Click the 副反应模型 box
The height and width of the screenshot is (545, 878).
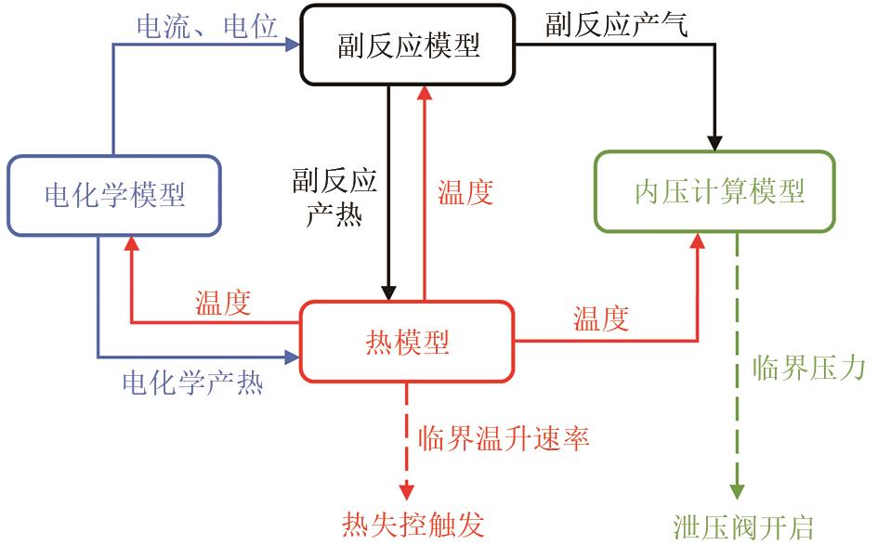pos(408,44)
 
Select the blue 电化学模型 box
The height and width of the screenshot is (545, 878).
pos(115,195)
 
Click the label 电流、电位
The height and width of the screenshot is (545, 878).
pos(206,27)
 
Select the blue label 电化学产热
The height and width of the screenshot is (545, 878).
pos(192,382)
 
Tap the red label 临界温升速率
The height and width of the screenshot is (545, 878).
pos(504,437)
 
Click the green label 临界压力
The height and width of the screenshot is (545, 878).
pos(807,368)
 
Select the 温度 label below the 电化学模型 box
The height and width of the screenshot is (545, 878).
pos(222,304)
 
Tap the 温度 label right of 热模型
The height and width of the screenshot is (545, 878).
pos(601,319)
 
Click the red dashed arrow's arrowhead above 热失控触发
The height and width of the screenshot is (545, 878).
pos(406,491)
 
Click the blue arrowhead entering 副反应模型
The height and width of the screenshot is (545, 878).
pos(296,43)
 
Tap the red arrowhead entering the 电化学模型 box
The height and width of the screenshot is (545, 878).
pos(131,243)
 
